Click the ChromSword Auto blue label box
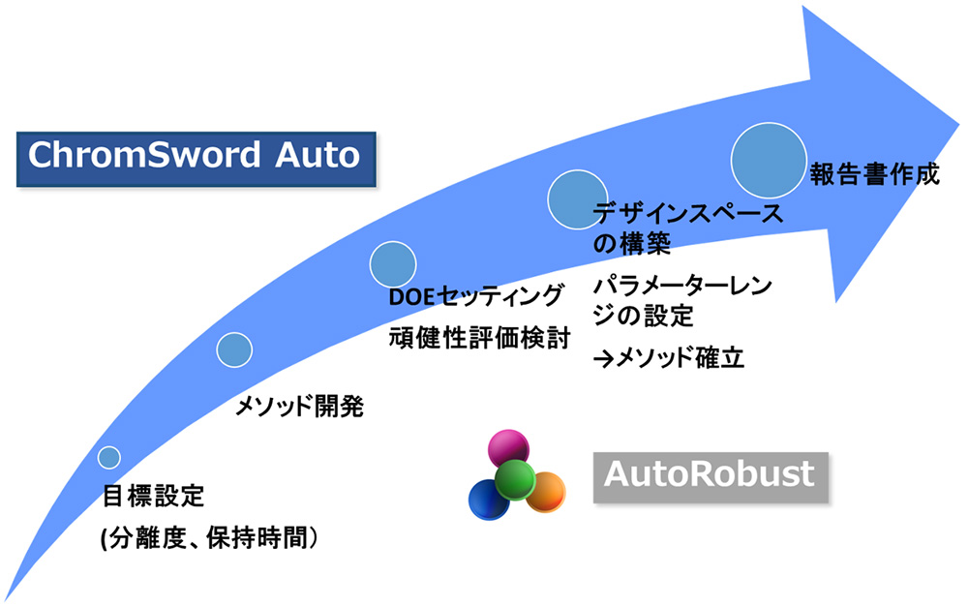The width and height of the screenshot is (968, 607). pos(197,159)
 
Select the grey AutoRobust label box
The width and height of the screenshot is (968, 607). pos(711,477)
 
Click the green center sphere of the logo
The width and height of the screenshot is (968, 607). pos(515,479)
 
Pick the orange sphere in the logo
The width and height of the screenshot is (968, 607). pos(547,492)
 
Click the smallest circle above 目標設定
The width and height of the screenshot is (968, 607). pos(109,458)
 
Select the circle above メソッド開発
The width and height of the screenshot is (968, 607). pos(234,349)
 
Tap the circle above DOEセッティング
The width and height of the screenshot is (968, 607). pos(393,264)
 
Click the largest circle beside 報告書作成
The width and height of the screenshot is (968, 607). pos(769,160)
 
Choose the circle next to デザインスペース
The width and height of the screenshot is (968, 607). pos(577,199)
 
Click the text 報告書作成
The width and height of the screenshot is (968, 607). pos(875,175)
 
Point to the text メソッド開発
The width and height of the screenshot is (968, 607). pos(299,407)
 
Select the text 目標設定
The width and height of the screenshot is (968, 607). pos(153,496)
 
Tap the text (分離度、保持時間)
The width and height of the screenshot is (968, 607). pos(209,538)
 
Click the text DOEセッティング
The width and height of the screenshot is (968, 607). pos(476,297)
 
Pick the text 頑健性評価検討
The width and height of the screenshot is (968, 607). pos(480,339)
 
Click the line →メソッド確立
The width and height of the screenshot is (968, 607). pos(669,357)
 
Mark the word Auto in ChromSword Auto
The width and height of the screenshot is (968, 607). pos(318,156)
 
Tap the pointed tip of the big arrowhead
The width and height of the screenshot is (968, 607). pos(958,125)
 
